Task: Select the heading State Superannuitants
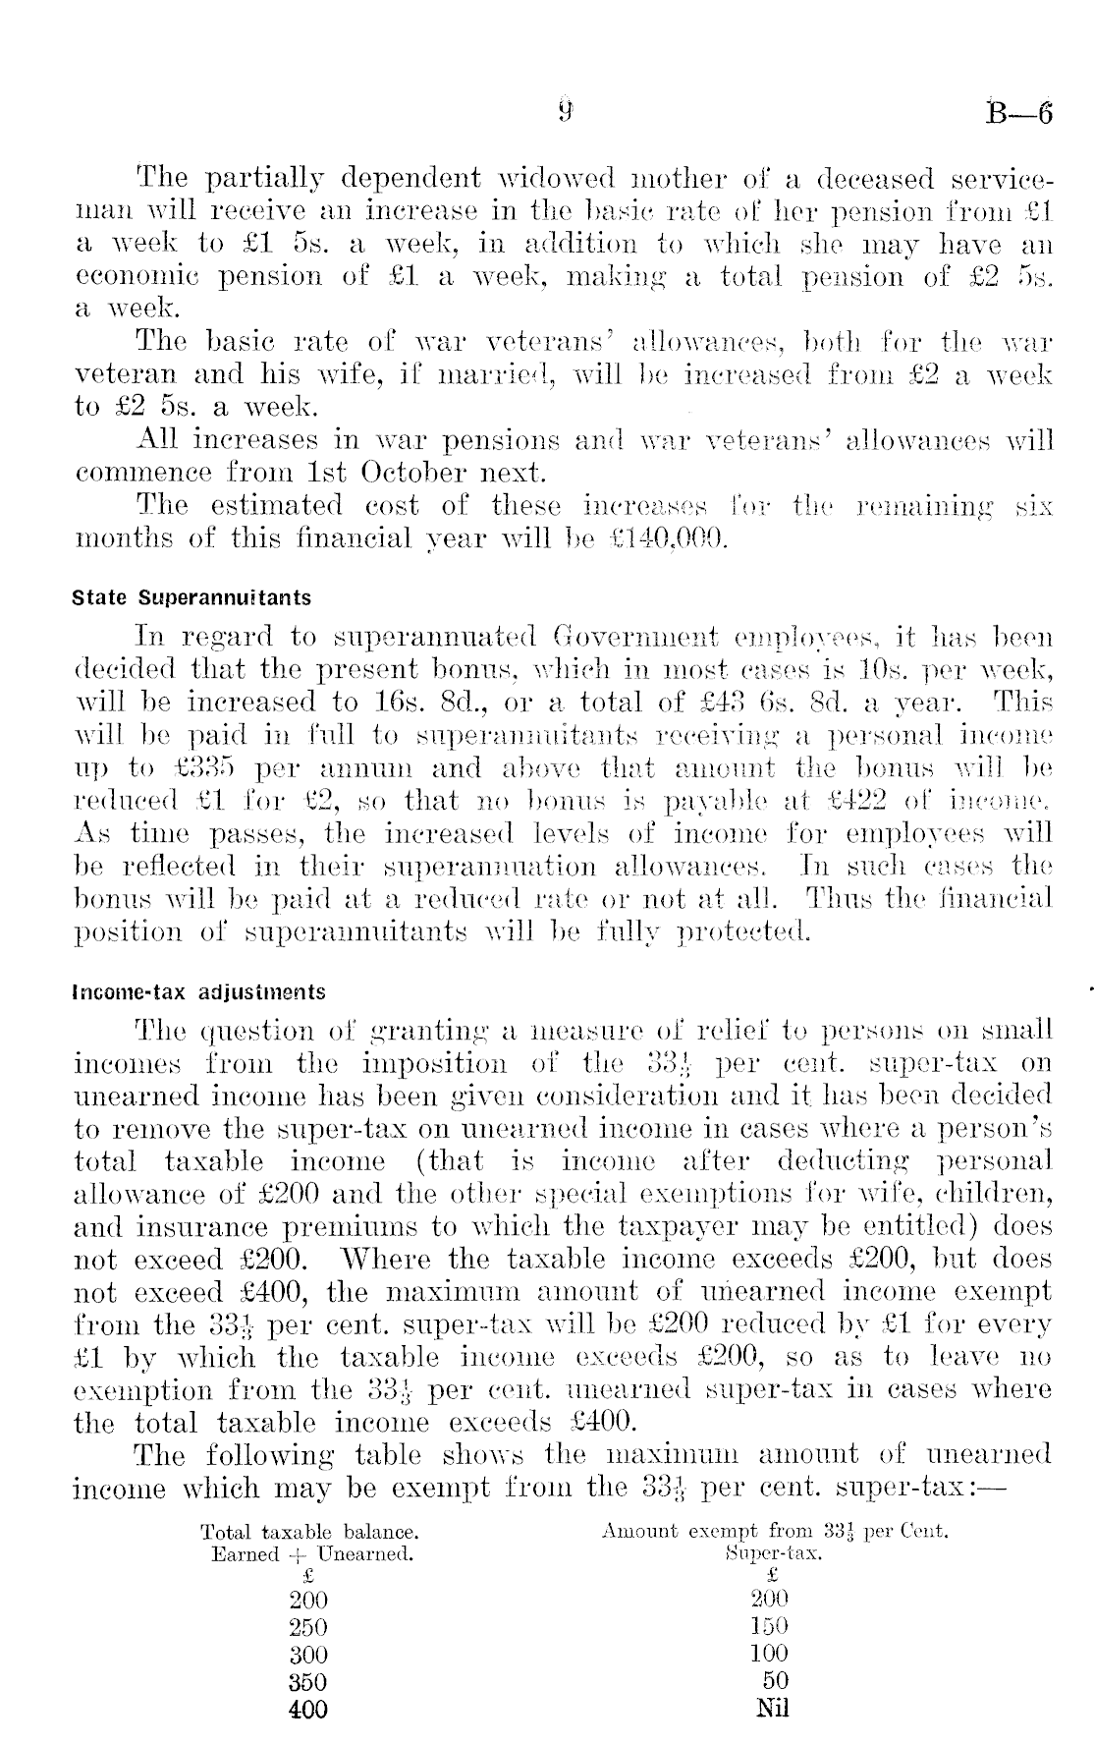[x=191, y=597]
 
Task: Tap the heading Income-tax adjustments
[x=199, y=991]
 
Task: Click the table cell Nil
[x=773, y=1708]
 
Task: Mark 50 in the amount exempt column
[x=775, y=1680]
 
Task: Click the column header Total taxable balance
[x=309, y=1531]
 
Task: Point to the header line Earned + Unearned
[x=312, y=1554]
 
